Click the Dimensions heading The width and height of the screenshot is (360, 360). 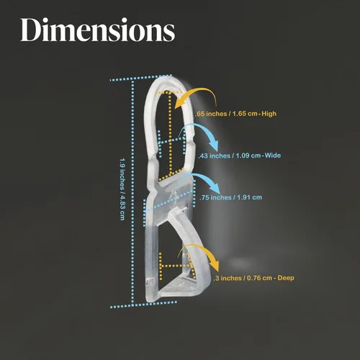pos(98,30)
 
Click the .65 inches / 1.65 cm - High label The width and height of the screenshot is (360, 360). pos(235,114)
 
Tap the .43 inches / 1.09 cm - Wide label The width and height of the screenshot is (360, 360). pos(240,156)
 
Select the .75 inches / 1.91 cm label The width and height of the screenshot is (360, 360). pos(230,197)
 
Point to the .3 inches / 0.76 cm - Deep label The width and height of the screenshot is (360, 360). pos(254,278)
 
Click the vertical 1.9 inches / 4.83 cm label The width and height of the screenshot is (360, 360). pos(122,189)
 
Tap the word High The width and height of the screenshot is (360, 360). pos(269,114)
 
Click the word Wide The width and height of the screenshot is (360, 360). pos(273,156)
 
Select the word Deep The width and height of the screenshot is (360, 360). pos(286,278)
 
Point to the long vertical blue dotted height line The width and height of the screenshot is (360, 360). pos(132,193)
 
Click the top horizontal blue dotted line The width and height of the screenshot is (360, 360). pos(141,78)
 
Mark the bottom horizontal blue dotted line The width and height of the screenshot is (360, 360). pos(143,305)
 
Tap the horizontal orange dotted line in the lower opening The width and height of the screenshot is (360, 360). pos(176,266)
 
